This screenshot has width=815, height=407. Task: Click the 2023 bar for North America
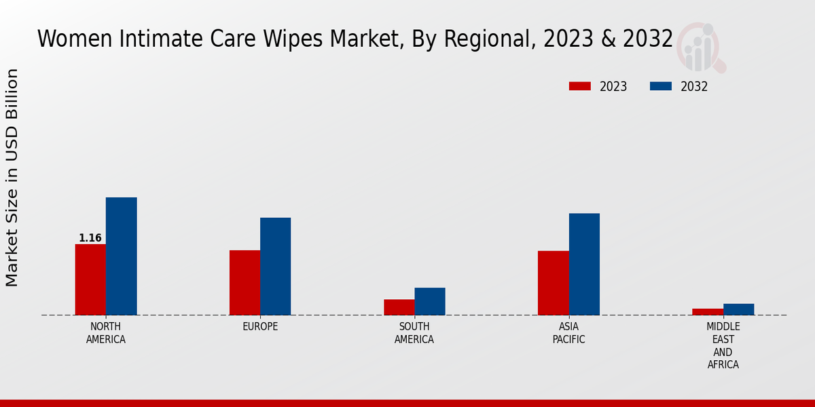[x=90, y=279]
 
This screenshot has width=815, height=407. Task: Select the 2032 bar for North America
[x=121, y=256]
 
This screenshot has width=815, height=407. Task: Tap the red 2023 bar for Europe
[x=244, y=283]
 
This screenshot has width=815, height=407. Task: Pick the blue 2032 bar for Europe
[x=275, y=267]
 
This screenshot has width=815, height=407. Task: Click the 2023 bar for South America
[x=399, y=307]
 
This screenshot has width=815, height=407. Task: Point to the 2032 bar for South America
[x=430, y=301]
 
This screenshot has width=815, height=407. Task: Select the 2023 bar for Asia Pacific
[x=553, y=283]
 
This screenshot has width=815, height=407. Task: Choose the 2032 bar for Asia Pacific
[x=584, y=265]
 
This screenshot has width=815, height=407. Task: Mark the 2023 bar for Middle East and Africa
[x=708, y=312]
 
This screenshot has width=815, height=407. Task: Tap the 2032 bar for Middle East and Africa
[x=738, y=309]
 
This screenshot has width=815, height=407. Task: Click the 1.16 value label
[x=90, y=238]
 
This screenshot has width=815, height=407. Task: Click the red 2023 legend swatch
[x=580, y=86]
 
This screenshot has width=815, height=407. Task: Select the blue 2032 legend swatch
[x=661, y=86]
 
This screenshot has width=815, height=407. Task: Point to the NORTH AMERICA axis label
[x=106, y=333]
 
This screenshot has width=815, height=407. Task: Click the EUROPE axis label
[x=260, y=327]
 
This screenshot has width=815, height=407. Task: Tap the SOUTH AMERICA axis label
[x=414, y=333]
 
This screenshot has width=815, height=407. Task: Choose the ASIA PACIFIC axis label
[x=568, y=333]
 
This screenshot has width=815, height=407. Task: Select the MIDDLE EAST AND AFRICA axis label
[x=723, y=346]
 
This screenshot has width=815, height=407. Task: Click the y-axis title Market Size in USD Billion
[x=12, y=178]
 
